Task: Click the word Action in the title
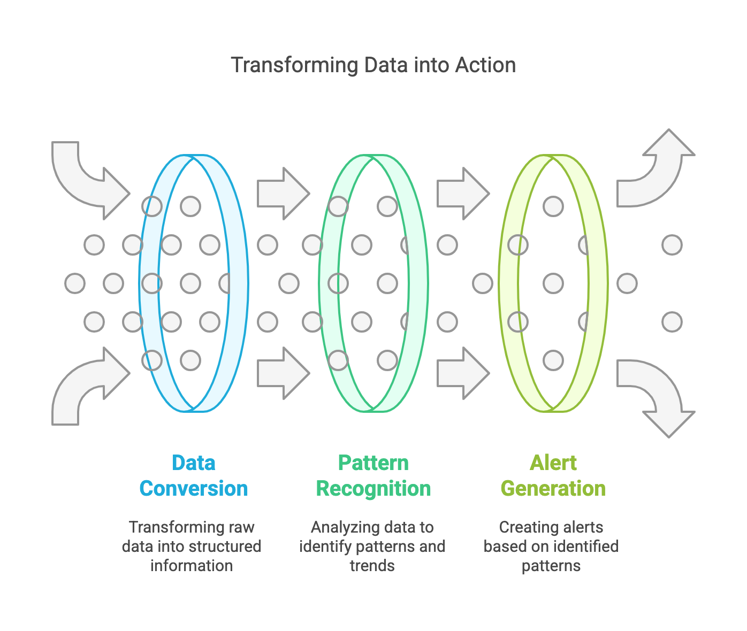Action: tap(485, 65)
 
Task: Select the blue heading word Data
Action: tap(194, 463)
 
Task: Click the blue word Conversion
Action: tap(194, 488)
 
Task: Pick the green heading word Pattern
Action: tap(373, 463)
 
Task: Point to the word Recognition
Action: tap(373, 488)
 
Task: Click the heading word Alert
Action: tap(553, 463)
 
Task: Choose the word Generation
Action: tap(553, 488)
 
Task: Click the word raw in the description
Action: tap(241, 527)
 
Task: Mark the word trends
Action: tap(372, 566)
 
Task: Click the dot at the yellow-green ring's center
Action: tap(553, 283)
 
